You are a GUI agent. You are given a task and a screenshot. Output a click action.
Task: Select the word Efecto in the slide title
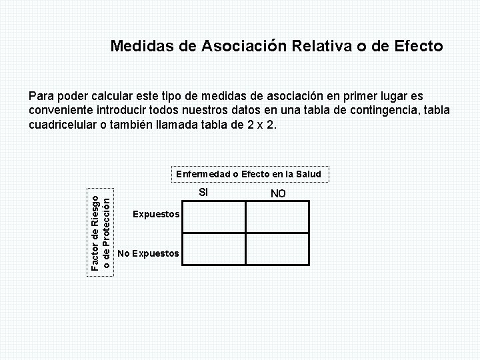pos(413,46)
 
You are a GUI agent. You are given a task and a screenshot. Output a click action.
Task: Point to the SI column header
pos(204,193)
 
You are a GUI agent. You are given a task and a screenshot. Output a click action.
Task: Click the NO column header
pos(278,193)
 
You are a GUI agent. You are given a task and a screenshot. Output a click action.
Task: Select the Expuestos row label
pos(156,214)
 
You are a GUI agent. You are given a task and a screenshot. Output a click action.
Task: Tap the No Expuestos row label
pos(147,253)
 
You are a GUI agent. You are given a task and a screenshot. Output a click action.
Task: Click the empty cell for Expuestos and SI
pos(214,215)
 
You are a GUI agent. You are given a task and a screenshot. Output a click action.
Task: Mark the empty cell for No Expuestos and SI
pos(214,248)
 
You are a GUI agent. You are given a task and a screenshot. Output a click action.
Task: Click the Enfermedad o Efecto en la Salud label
pos(249,174)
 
